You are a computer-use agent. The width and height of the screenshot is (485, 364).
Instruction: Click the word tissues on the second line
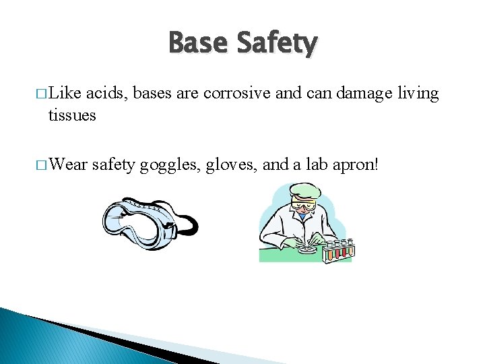[x=72, y=115]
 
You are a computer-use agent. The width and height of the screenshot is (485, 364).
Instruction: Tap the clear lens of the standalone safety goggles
[x=130, y=220]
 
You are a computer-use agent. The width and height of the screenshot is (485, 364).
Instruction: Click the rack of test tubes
[x=339, y=251]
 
